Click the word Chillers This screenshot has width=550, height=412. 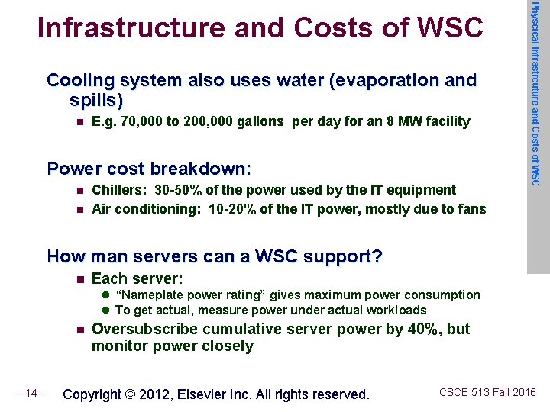tap(119, 190)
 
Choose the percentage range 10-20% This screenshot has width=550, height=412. tap(230, 209)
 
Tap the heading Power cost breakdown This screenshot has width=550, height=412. tap(149, 168)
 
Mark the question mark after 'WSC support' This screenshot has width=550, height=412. tap(377, 256)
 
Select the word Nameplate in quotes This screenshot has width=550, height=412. tap(147, 295)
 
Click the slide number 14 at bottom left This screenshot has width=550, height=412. tap(31, 394)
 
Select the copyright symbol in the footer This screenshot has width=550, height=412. tap(131, 394)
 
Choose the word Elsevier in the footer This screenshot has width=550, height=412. tap(201, 394)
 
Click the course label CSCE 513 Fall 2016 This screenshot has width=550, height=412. tap(487, 393)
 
